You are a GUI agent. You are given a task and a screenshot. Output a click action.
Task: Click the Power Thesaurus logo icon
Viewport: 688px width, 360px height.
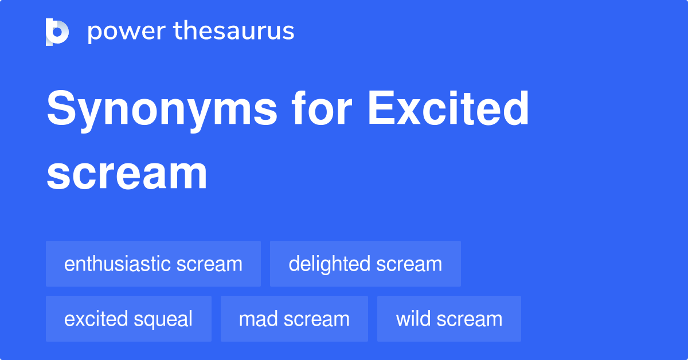pos(57,32)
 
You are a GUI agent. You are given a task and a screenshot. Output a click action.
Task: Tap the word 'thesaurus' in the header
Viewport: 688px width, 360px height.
pos(233,32)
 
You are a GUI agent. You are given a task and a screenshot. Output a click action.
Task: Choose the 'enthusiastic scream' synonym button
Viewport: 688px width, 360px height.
pos(153,264)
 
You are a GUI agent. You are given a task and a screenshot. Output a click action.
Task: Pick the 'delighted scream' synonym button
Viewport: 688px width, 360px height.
pos(365,264)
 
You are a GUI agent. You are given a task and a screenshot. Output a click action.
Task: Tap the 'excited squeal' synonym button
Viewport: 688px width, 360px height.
pos(128,319)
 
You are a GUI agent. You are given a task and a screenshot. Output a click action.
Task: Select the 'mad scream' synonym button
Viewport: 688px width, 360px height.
pos(294,319)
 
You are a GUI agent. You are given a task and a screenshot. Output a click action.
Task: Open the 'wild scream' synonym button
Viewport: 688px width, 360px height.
pos(449,319)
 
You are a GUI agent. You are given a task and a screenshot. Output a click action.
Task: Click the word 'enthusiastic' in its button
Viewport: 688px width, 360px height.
pos(118,264)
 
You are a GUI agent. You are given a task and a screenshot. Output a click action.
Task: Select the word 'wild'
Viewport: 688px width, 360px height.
pos(412,319)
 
